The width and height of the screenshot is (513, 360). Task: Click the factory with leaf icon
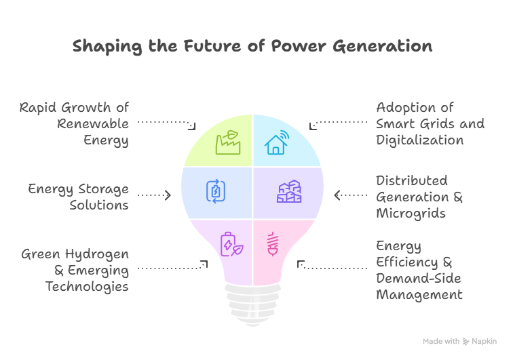[x=227, y=142]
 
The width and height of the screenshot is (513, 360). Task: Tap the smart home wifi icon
[x=276, y=142]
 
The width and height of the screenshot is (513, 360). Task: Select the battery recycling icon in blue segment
[x=214, y=193]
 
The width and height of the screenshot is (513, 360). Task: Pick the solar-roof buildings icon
[x=289, y=192]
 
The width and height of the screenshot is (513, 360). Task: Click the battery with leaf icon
[x=229, y=244]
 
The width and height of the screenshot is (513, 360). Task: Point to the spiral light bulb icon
[x=273, y=244]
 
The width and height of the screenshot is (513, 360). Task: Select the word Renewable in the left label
[x=92, y=124]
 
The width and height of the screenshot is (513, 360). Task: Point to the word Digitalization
[x=419, y=140]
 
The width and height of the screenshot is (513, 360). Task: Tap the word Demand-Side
[x=418, y=279]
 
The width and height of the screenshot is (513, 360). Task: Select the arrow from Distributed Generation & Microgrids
[x=349, y=195]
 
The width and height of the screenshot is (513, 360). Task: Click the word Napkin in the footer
[x=484, y=342]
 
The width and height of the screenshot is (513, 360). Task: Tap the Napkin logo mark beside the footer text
[x=466, y=342]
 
